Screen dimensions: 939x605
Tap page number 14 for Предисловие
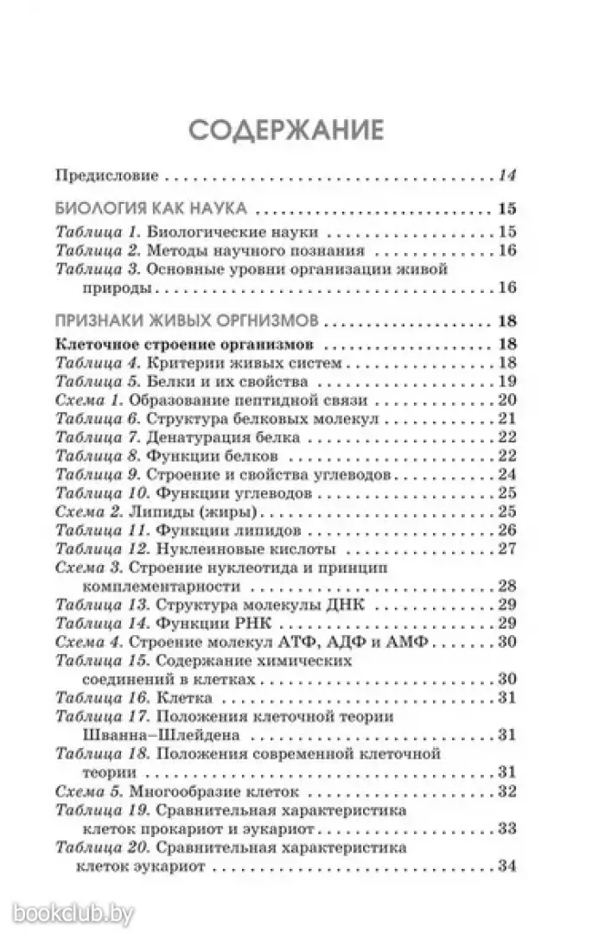pyautogui.click(x=506, y=176)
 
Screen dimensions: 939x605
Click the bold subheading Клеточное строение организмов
pyautogui.click(x=169, y=343)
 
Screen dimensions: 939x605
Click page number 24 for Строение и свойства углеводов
pyautogui.click(x=506, y=475)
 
